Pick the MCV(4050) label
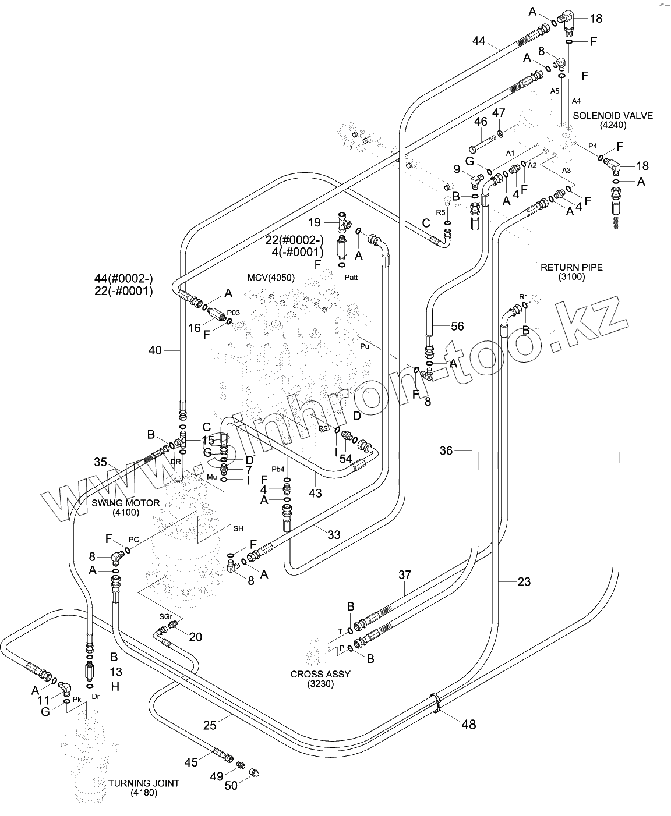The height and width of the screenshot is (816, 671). (x=271, y=278)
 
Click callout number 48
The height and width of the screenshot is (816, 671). (x=468, y=724)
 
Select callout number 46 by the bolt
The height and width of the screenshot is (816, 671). (x=480, y=122)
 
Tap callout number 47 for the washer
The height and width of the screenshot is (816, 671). (x=499, y=112)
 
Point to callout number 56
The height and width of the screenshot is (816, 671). (x=457, y=327)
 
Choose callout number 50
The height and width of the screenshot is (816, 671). (x=231, y=786)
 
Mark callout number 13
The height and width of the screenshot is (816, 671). (x=115, y=672)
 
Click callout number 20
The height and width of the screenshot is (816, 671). (x=195, y=637)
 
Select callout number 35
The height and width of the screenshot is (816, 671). (x=100, y=462)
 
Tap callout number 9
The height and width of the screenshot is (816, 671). (x=457, y=170)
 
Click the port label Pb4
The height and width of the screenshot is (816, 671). (x=278, y=469)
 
